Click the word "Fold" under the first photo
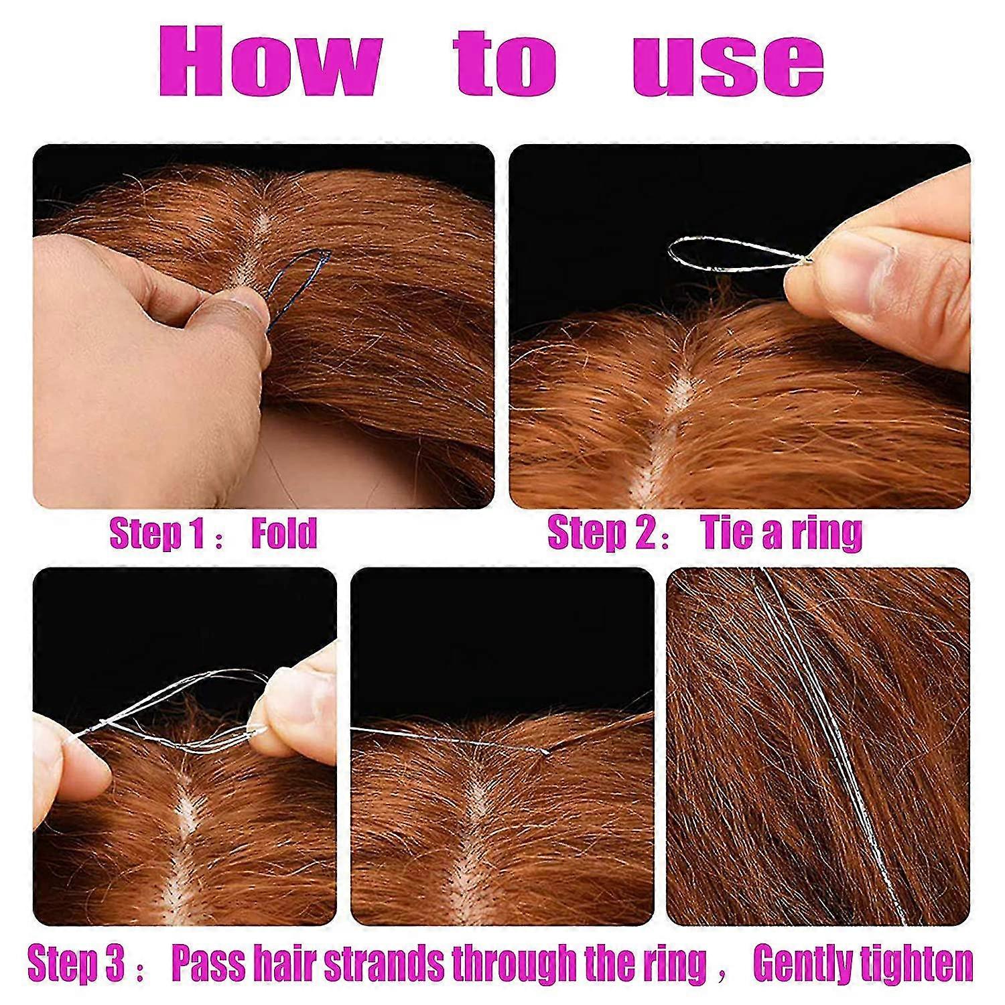coord(284,533)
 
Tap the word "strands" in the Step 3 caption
coord(384,963)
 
